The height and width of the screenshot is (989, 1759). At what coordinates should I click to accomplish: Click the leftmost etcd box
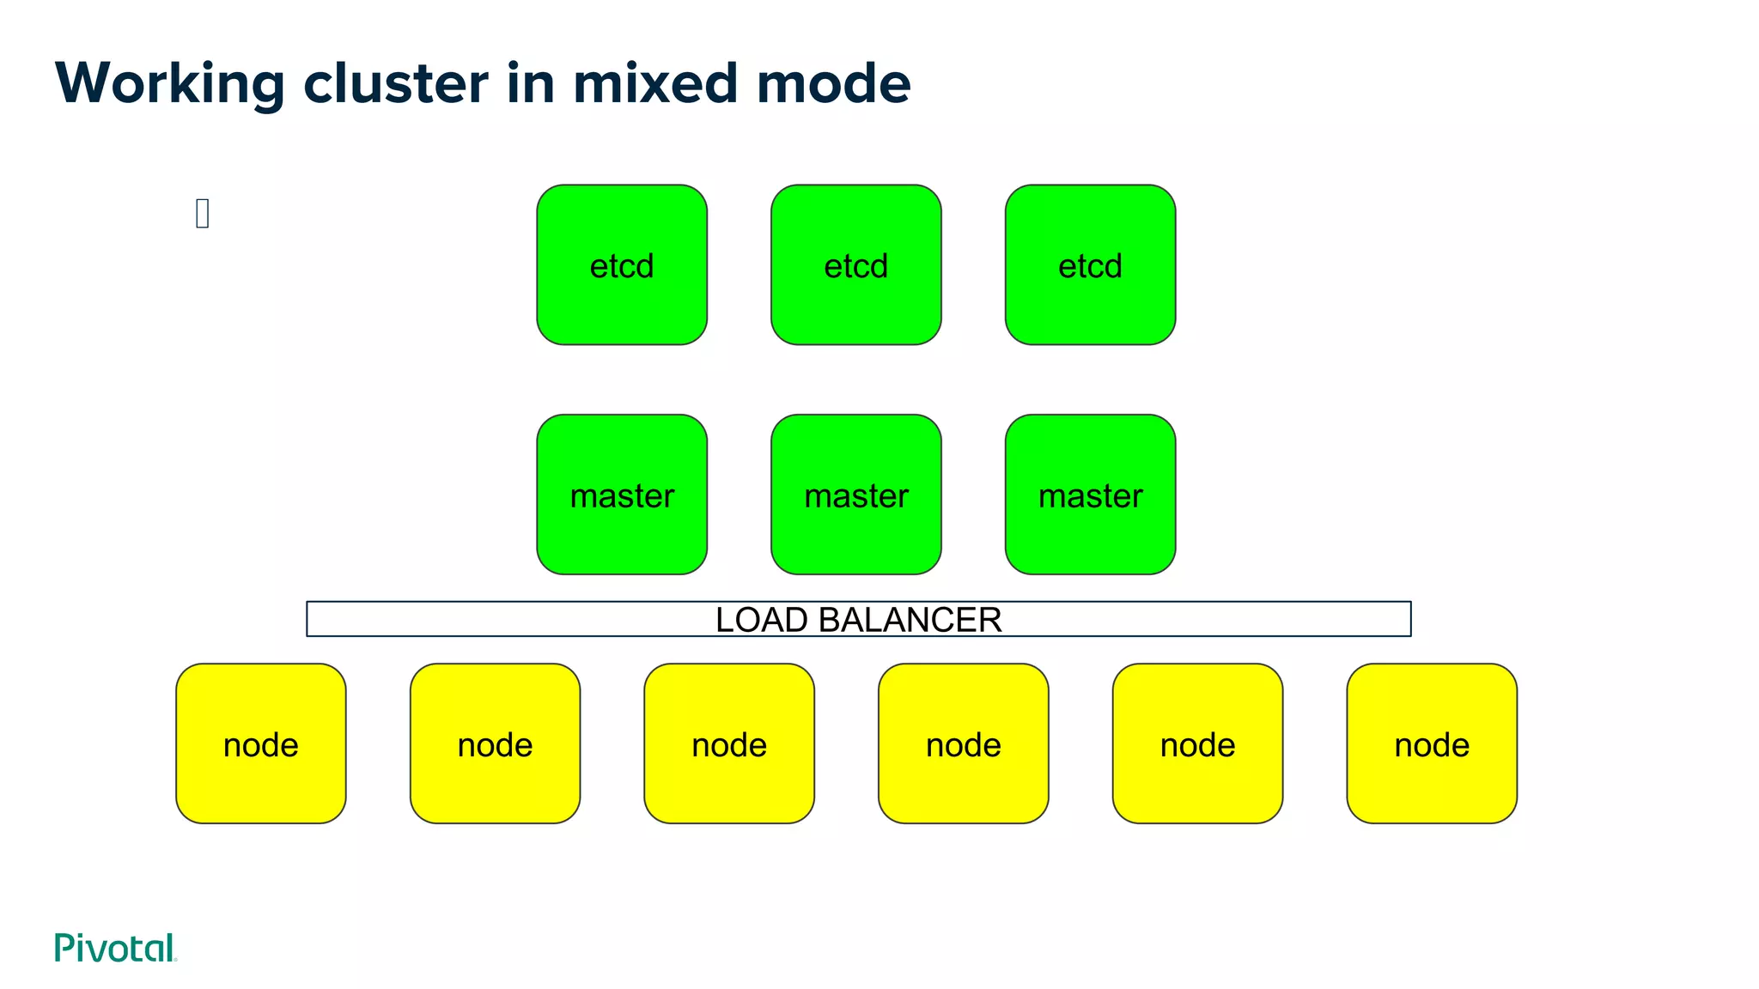[622, 264]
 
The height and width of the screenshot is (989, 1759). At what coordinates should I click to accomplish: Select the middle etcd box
[856, 264]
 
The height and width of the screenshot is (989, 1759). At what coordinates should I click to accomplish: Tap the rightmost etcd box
[1090, 264]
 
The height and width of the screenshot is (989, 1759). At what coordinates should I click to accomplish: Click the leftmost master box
[622, 494]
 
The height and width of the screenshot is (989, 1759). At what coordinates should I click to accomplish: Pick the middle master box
[856, 494]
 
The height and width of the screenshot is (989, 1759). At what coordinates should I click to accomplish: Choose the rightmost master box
[1090, 494]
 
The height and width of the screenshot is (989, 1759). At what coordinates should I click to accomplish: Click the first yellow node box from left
[261, 743]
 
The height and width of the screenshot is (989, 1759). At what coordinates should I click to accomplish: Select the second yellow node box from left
[495, 743]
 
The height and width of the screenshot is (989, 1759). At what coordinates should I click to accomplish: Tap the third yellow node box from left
[729, 743]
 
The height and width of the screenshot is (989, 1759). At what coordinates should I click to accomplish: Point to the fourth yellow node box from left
[964, 743]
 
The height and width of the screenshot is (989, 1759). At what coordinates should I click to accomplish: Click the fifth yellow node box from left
[1197, 743]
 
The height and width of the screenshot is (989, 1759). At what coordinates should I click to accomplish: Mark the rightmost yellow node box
[1432, 743]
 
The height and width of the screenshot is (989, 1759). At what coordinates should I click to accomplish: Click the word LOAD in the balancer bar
[761, 620]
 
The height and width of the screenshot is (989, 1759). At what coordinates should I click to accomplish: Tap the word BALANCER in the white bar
[910, 620]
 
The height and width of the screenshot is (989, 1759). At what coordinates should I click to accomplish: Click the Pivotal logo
[115, 948]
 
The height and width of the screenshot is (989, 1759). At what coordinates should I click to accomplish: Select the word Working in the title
[169, 84]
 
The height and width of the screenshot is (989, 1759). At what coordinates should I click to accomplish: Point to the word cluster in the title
[396, 84]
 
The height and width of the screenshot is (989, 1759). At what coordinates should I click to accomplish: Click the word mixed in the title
[655, 84]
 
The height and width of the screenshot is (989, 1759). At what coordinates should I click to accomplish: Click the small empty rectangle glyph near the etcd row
[203, 213]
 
